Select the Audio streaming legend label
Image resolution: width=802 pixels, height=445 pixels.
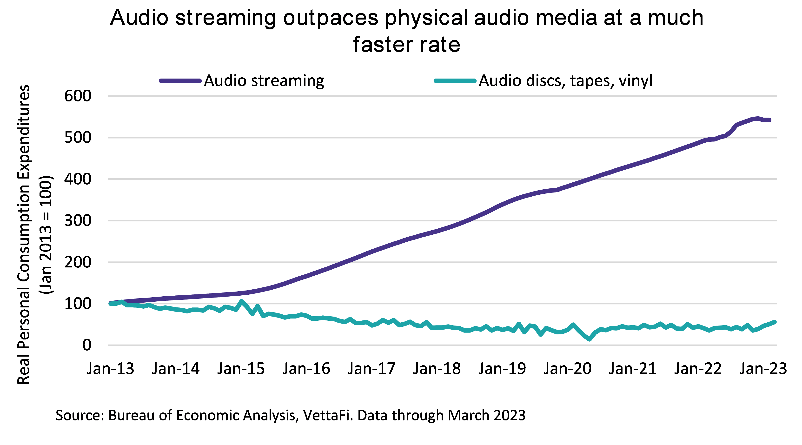click(264, 81)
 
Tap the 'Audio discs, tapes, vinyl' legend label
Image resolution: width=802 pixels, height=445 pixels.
click(565, 81)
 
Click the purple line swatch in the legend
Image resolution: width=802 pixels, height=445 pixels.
click(180, 81)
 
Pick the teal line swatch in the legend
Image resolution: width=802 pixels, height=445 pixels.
click(455, 81)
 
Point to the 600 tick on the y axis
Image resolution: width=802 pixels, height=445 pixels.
click(78, 96)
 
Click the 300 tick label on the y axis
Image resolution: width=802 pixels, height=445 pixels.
click(78, 221)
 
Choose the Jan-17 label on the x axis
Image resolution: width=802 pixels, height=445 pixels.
click(371, 369)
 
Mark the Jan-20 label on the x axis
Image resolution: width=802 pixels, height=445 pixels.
click(567, 369)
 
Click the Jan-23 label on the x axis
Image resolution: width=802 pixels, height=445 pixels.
click(763, 369)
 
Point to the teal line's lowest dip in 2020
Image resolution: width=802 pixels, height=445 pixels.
click(589, 339)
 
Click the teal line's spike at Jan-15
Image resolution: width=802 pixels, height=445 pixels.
click(241, 301)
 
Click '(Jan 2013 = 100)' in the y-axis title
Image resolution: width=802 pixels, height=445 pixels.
click(46, 234)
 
